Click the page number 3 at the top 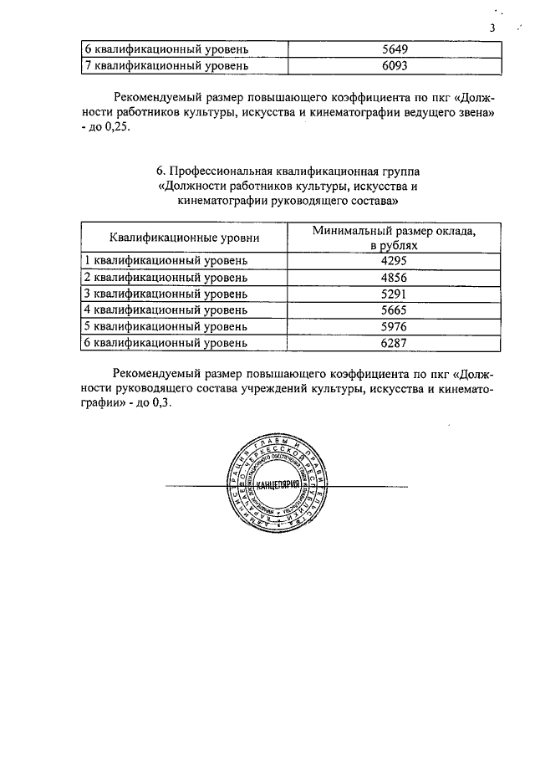coord(493,28)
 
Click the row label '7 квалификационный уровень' coord(163,64)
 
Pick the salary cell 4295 coord(393,260)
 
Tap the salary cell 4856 coord(393,277)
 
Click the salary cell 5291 coord(393,293)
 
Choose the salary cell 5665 coord(393,309)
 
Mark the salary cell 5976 coord(393,325)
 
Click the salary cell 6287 coord(393,342)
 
